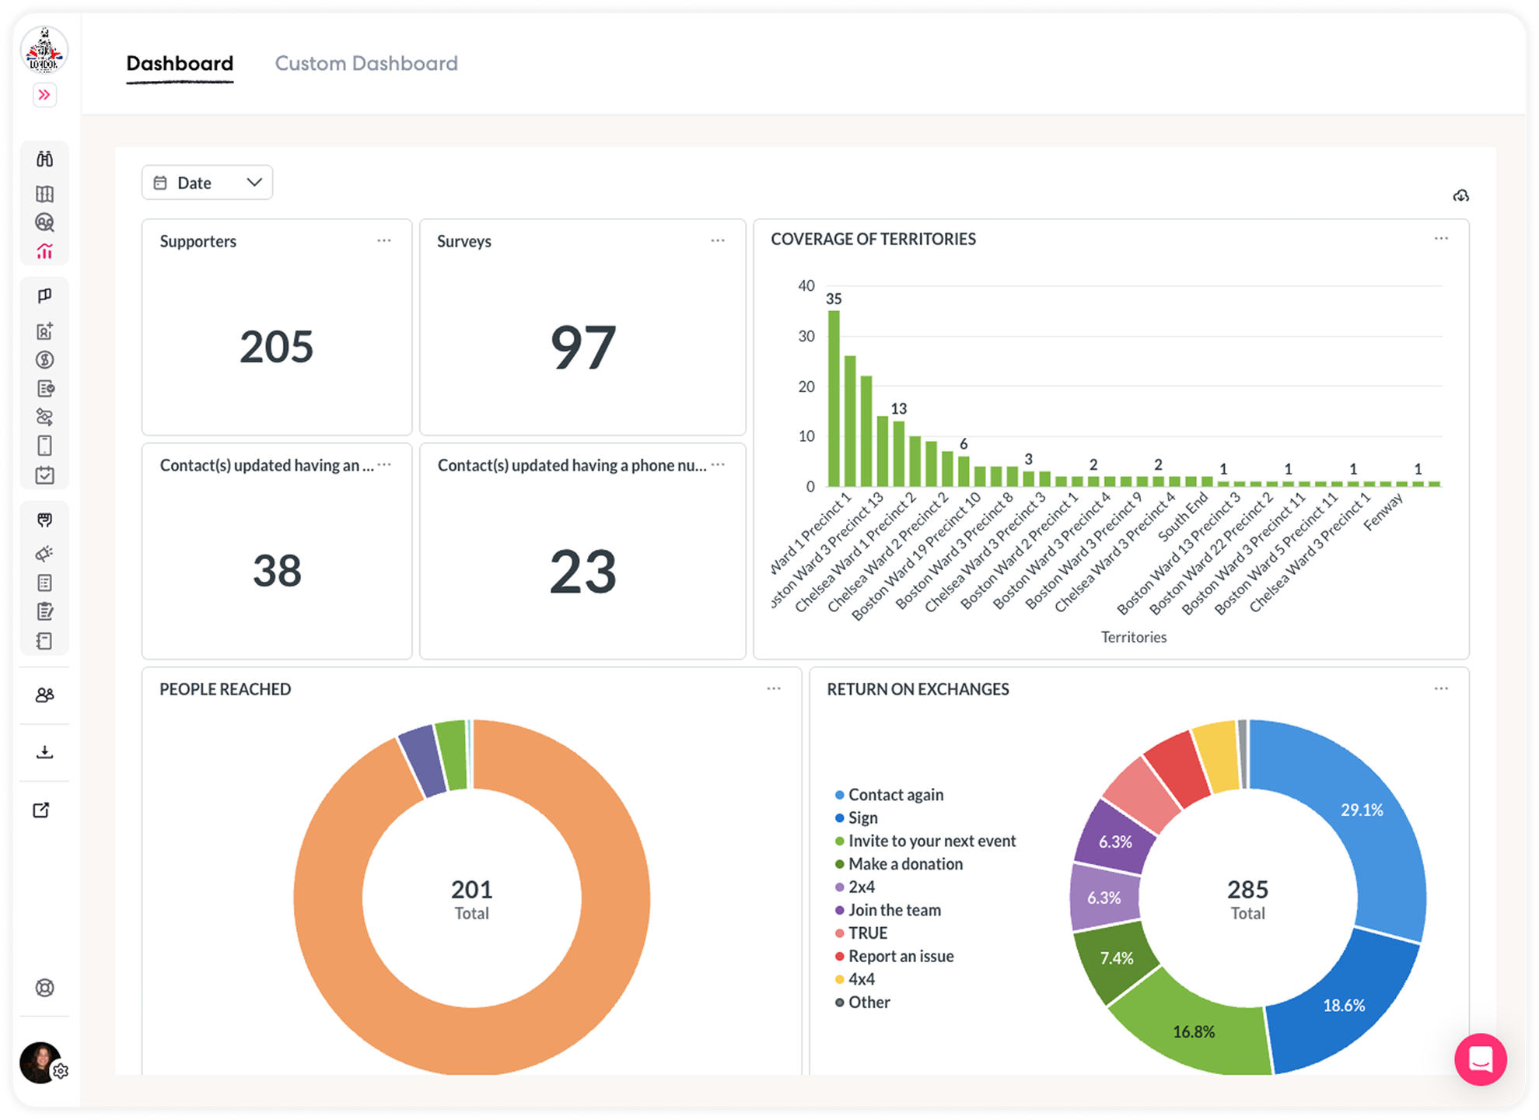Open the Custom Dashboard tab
[366, 63]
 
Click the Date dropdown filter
[207, 183]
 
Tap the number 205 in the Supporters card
[276, 347]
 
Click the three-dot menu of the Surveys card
[717, 241]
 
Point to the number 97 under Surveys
[582, 348]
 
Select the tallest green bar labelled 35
[834, 398]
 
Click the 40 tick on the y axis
[806, 286]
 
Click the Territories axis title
[1133, 637]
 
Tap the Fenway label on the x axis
[1383, 513]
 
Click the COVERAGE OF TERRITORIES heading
[873, 240]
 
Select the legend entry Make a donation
[905, 864]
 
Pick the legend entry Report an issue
[901, 956]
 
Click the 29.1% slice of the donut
[1361, 810]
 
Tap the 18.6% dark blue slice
[1343, 1005]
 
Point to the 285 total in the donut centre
[1247, 889]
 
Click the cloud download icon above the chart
[1460, 195]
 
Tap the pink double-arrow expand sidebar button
[44, 95]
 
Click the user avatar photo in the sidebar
[39, 1062]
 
